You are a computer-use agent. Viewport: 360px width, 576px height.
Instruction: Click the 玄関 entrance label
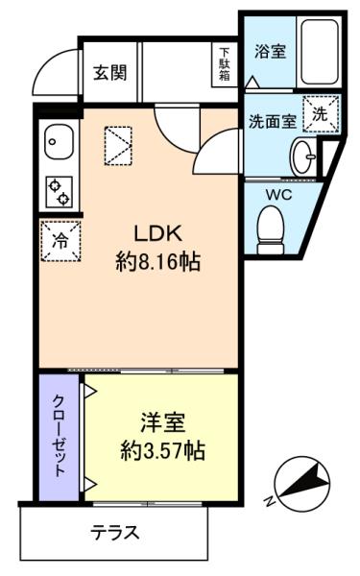click(109, 73)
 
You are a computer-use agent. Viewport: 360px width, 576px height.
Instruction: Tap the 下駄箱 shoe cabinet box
click(225, 64)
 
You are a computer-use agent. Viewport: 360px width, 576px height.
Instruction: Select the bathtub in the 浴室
click(320, 52)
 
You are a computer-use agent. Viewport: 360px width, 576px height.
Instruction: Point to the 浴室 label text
click(270, 52)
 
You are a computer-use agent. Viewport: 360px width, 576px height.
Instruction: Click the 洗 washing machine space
click(320, 114)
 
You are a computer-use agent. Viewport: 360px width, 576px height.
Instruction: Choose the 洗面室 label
click(273, 122)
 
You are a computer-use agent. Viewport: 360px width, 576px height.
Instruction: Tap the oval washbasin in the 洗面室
click(303, 157)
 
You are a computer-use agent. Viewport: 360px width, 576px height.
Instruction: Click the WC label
click(279, 195)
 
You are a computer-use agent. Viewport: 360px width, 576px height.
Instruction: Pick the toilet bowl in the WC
click(272, 230)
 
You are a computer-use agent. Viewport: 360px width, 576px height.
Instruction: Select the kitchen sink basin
click(59, 141)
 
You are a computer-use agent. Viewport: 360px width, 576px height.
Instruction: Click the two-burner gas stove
click(60, 192)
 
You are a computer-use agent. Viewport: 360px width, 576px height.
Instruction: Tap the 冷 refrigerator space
click(60, 241)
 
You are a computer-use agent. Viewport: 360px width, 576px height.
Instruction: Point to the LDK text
click(158, 233)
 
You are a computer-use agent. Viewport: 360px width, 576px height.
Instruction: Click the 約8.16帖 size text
click(158, 262)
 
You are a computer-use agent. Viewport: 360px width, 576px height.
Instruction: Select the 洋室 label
click(163, 422)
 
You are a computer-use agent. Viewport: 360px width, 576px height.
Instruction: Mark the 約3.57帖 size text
click(163, 450)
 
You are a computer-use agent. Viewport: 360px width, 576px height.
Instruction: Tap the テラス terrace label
click(115, 532)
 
